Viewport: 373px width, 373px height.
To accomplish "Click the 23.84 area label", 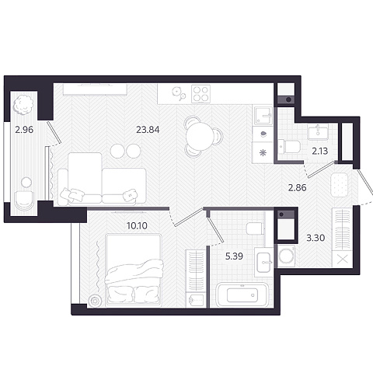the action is [x=148, y=130].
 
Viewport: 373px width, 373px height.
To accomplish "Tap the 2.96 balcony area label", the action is [x=24, y=130].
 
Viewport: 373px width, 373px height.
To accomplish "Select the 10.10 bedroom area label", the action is [x=137, y=226].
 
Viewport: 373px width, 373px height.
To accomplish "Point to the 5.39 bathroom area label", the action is [x=234, y=256].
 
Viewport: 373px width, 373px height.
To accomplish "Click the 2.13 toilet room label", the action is [x=320, y=151].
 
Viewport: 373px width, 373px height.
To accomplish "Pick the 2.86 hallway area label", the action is [x=298, y=187].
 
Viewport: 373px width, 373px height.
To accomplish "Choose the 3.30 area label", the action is [x=315, y=238].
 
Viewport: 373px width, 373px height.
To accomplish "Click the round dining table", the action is [x=200, y=136].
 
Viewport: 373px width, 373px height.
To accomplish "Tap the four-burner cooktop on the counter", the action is [x=200, y=94].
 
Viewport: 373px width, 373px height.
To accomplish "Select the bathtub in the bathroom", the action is [x=242, y=295].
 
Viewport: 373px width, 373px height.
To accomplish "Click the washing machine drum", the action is [x=286, y=256].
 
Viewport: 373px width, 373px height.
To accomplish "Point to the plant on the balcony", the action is [x=23, y=103].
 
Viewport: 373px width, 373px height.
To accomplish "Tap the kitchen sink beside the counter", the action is [x=263, y=116].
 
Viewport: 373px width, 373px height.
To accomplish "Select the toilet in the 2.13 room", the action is [x=289, y=147].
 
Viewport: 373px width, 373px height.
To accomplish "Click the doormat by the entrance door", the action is [x=340, y=185].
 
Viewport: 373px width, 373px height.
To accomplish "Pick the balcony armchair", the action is [x=24, y=200].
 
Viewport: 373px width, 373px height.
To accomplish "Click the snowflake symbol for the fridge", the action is [x=263, y=153].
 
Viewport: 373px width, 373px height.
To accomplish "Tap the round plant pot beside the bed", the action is [x=95, y=301].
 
